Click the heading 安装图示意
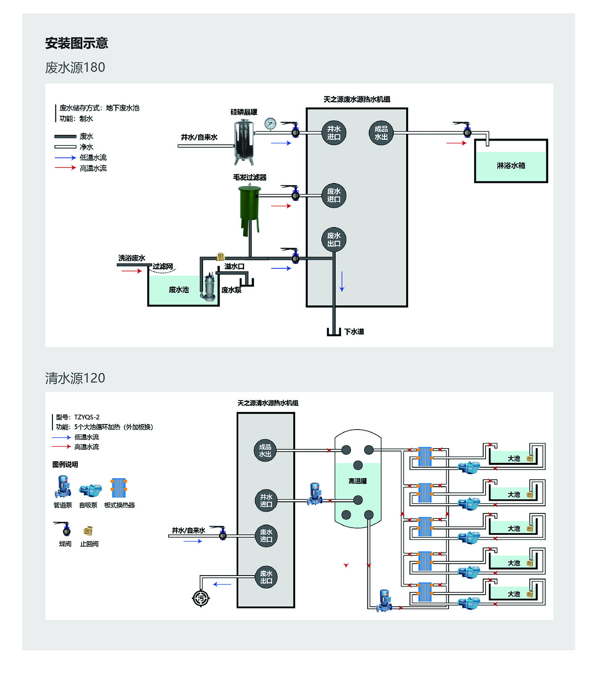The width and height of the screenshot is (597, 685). [77, 43]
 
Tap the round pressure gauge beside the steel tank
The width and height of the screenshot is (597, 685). [270, 124]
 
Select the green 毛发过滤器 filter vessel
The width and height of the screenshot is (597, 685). [250, 206]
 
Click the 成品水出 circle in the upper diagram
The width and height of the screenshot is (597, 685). [381, 133]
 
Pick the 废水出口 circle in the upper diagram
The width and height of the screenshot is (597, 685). [334, 239]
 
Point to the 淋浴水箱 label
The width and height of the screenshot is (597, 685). [511, 165]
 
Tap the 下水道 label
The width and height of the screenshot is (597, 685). [354, 332]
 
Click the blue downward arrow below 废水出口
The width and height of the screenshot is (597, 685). [342, 281]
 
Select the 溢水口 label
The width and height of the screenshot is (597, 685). [234, 266]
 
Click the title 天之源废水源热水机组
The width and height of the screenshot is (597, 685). [357, 99]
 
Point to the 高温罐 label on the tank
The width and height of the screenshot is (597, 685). [357, 481]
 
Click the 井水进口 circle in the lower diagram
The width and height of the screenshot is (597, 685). [266, 500]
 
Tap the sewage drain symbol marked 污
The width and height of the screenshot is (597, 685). [201, 598]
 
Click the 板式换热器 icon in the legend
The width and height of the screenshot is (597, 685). [119, 488]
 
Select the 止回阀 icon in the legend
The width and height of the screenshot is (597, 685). [88, 531]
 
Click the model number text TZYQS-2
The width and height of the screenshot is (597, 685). [87, 417]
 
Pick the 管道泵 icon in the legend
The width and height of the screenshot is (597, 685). [62, 487]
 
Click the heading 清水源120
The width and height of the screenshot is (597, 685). [75, 378]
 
